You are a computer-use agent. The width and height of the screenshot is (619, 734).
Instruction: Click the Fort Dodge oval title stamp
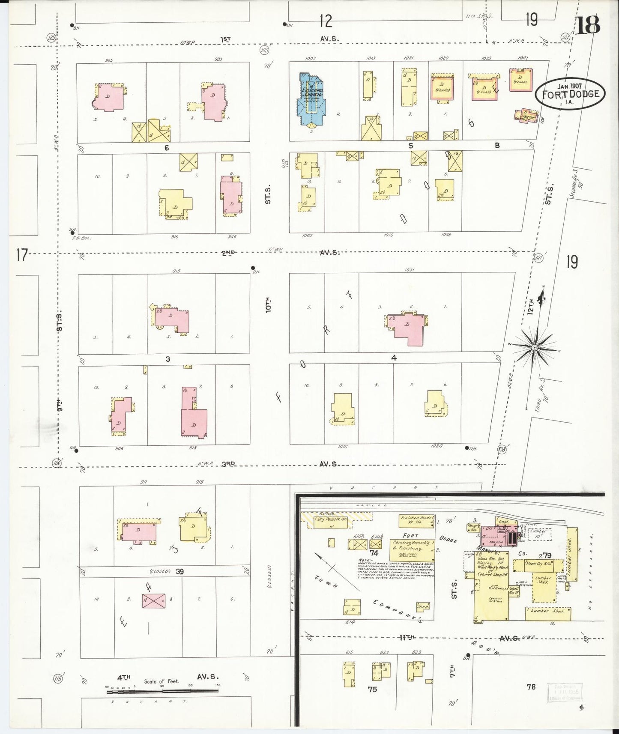(570, 93)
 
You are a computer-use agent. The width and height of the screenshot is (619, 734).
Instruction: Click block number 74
(374, 553)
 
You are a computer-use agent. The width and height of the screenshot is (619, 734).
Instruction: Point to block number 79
(546, 555)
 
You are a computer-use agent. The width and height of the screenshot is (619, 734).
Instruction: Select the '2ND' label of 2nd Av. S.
(228, 253)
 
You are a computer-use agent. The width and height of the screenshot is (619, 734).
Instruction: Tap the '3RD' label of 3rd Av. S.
(228, 463)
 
